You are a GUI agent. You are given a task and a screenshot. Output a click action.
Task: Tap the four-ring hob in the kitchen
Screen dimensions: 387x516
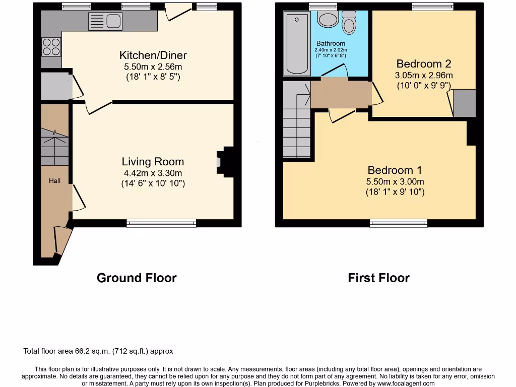point(51,47)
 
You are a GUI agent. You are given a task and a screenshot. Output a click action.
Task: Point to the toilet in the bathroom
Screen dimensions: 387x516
point(349,22)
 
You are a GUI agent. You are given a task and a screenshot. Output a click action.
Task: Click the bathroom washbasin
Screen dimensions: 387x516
point(329,20)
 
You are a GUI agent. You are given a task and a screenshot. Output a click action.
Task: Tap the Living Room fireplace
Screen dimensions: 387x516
point(225,162)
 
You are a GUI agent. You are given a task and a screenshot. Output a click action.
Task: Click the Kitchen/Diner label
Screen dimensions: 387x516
point(153,55)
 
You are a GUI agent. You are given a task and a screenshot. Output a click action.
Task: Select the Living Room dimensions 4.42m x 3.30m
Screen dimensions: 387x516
point(153,173)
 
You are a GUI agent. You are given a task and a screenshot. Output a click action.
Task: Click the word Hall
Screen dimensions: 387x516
point(54,180)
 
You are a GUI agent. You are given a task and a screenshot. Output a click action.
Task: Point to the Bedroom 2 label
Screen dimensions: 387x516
point(423,64)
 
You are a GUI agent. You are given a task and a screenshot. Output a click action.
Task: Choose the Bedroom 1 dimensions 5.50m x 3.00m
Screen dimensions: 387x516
point(395,182)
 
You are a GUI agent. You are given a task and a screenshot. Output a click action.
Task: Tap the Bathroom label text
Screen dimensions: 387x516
point(331,44)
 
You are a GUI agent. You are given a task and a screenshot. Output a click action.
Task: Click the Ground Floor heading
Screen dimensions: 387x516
point(137,278)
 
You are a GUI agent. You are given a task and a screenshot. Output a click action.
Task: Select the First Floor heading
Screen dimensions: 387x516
point(378,278)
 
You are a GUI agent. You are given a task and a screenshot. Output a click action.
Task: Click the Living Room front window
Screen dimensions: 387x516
point(161,223)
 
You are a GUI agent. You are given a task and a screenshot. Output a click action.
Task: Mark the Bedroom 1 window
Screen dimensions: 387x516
point(399,223)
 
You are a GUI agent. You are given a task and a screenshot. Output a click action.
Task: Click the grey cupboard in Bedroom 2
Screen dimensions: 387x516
point(465,103)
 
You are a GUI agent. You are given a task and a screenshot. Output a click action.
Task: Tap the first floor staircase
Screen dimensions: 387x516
point(296,126)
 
